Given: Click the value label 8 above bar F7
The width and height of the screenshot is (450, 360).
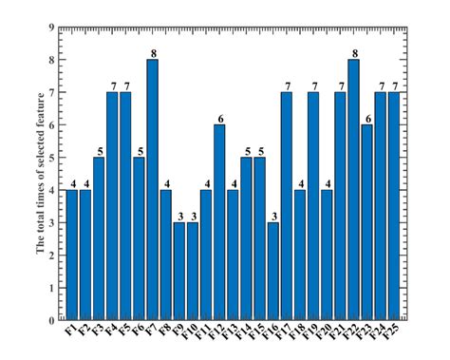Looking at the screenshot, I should click(x=152, y=53).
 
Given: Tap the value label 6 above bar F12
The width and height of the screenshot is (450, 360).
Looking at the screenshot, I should click(x=219, y=118).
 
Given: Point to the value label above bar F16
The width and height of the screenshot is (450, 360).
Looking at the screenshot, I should click(x=272, y=216).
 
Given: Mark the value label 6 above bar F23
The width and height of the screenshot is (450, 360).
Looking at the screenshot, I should click(x=366, y=118).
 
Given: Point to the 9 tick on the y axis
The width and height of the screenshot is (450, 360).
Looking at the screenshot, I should click(x=50, y=28).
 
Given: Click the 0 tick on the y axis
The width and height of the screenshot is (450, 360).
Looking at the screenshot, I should click(x=50, y=320).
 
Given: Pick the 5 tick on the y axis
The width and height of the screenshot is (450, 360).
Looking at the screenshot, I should click(x=50, y=158).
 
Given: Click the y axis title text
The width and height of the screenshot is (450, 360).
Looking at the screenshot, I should click(x=40, y=173).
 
